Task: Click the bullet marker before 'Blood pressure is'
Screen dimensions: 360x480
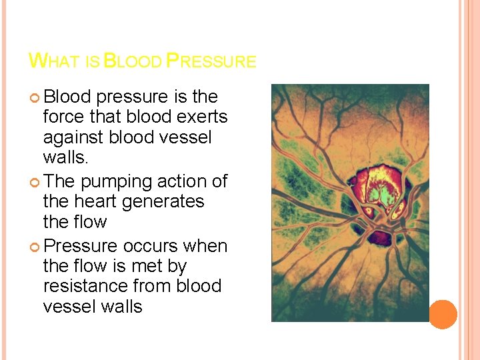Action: click(35, 98)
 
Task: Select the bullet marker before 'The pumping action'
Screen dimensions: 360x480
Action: click(35, 182)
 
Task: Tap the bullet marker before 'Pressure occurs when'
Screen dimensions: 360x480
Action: click(35, 247)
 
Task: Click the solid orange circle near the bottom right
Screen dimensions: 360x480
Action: click(443, 314)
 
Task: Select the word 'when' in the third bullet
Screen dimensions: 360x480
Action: click(206, 246)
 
